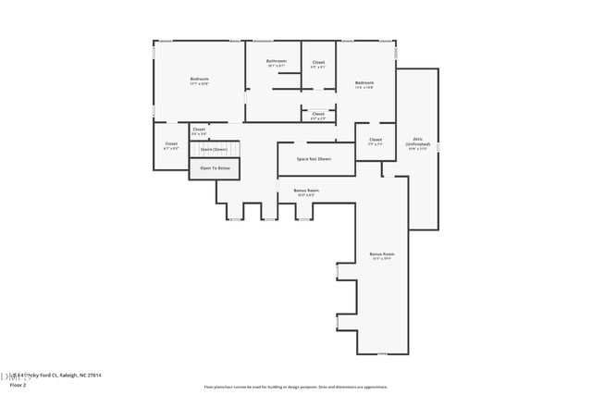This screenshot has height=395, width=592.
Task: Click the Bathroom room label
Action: (x=277, y=61)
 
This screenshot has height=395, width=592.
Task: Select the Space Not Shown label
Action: (x=313, y=158)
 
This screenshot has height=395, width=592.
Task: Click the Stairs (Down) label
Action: (x=214, y=149)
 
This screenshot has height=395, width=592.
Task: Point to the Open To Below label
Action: (x=215, y=167)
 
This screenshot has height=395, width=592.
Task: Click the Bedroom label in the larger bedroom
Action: (x=199, y=80)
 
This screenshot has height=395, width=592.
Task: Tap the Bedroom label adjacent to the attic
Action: (x=364, y=83)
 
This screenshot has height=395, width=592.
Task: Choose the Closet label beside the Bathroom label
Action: (x=318, y=63)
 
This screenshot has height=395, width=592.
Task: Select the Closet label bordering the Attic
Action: (x=375, y=140)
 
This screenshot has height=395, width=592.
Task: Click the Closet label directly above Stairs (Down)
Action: (x=199, y=130)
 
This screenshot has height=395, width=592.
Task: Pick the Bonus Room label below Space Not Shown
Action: (x=306, y=191)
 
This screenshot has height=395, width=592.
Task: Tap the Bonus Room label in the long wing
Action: (x=382, y=253)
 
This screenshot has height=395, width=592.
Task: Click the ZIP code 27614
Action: (x=95, y=375)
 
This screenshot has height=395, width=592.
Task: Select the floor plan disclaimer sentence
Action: (x=295, y=385)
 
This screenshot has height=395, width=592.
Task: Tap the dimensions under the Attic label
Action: (x=417, y=149)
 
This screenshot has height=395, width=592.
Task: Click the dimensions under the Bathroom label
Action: (x=277, y=66)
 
